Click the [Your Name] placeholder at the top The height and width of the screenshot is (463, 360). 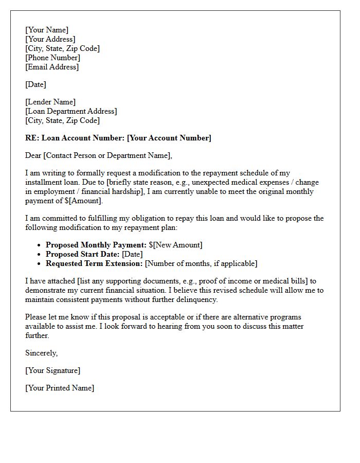point(47,30)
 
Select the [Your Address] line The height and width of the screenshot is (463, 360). point(50,39)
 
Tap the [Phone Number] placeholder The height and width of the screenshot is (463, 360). point(53,58)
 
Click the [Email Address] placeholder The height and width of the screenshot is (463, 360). point(52,67)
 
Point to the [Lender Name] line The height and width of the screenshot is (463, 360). point(50,102)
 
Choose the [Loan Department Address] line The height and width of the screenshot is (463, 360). point(71,111)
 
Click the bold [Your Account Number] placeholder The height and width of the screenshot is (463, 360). point(169,138)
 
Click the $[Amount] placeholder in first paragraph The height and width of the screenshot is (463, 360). point(84,201)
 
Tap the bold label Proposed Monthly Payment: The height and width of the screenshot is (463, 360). point(96,245)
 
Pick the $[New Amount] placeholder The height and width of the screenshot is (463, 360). point(176,245)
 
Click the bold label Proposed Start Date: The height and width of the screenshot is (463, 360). point(83,254)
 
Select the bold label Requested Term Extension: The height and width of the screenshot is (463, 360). point(94,263)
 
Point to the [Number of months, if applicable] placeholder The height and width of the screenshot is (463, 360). point(201,263)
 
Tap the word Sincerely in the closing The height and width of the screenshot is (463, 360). point(41,353)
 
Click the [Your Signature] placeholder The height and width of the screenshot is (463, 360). point(53,370)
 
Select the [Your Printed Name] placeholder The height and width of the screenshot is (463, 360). point(60,388)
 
